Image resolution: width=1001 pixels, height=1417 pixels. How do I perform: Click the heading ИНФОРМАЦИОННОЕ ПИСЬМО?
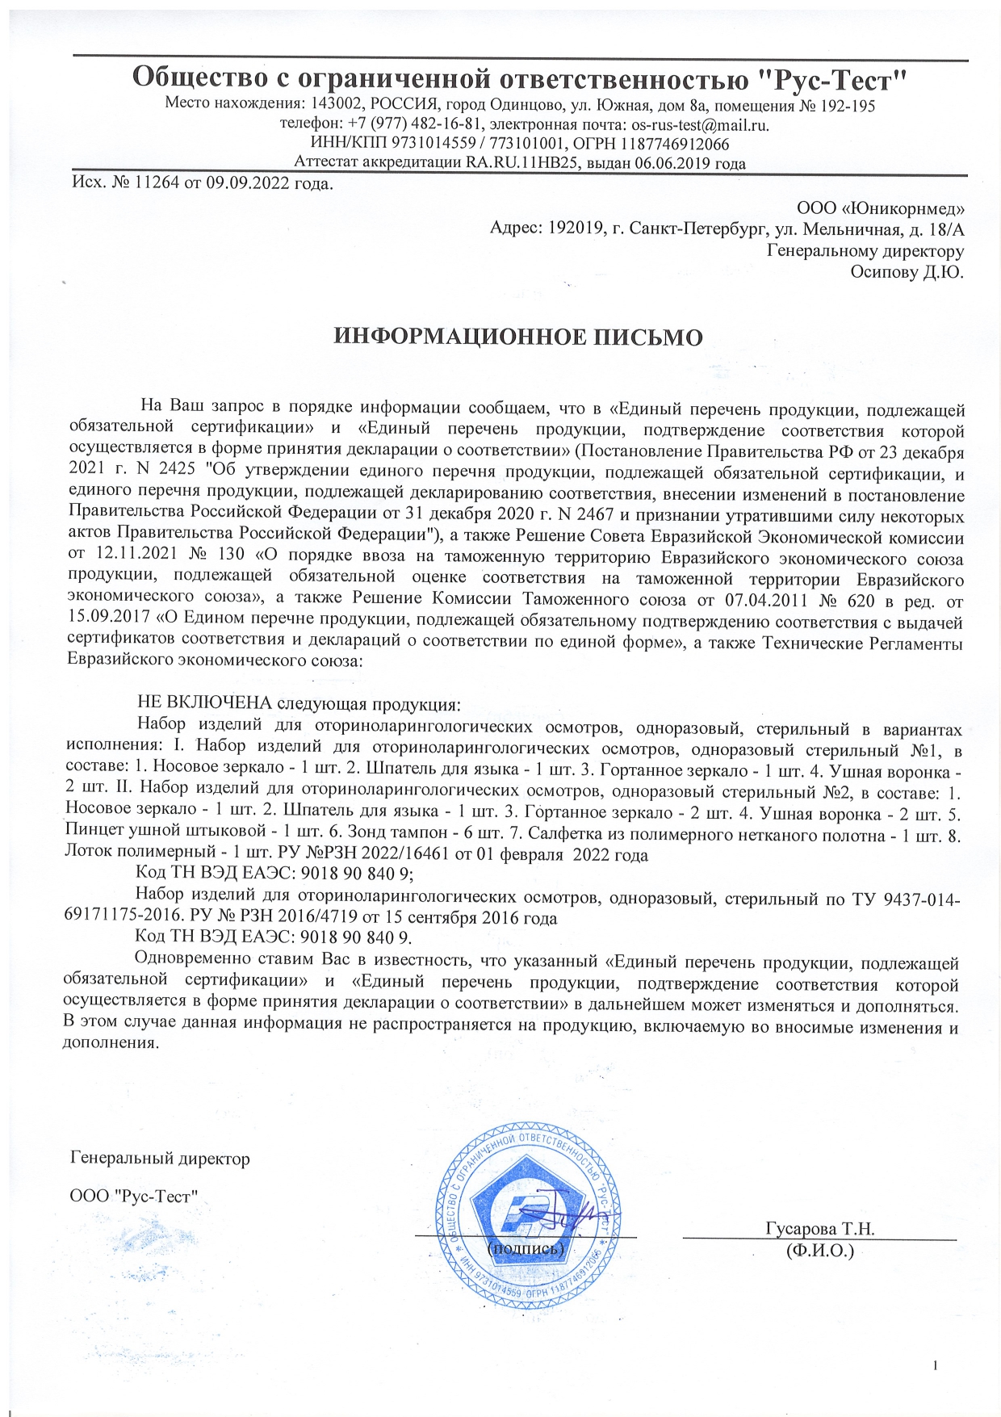click(x=518, y=337)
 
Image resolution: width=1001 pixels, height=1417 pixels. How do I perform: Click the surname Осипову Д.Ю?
click(x=907, y=272)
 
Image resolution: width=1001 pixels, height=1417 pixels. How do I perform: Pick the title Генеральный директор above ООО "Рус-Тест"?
click(x=160, y=1159)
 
